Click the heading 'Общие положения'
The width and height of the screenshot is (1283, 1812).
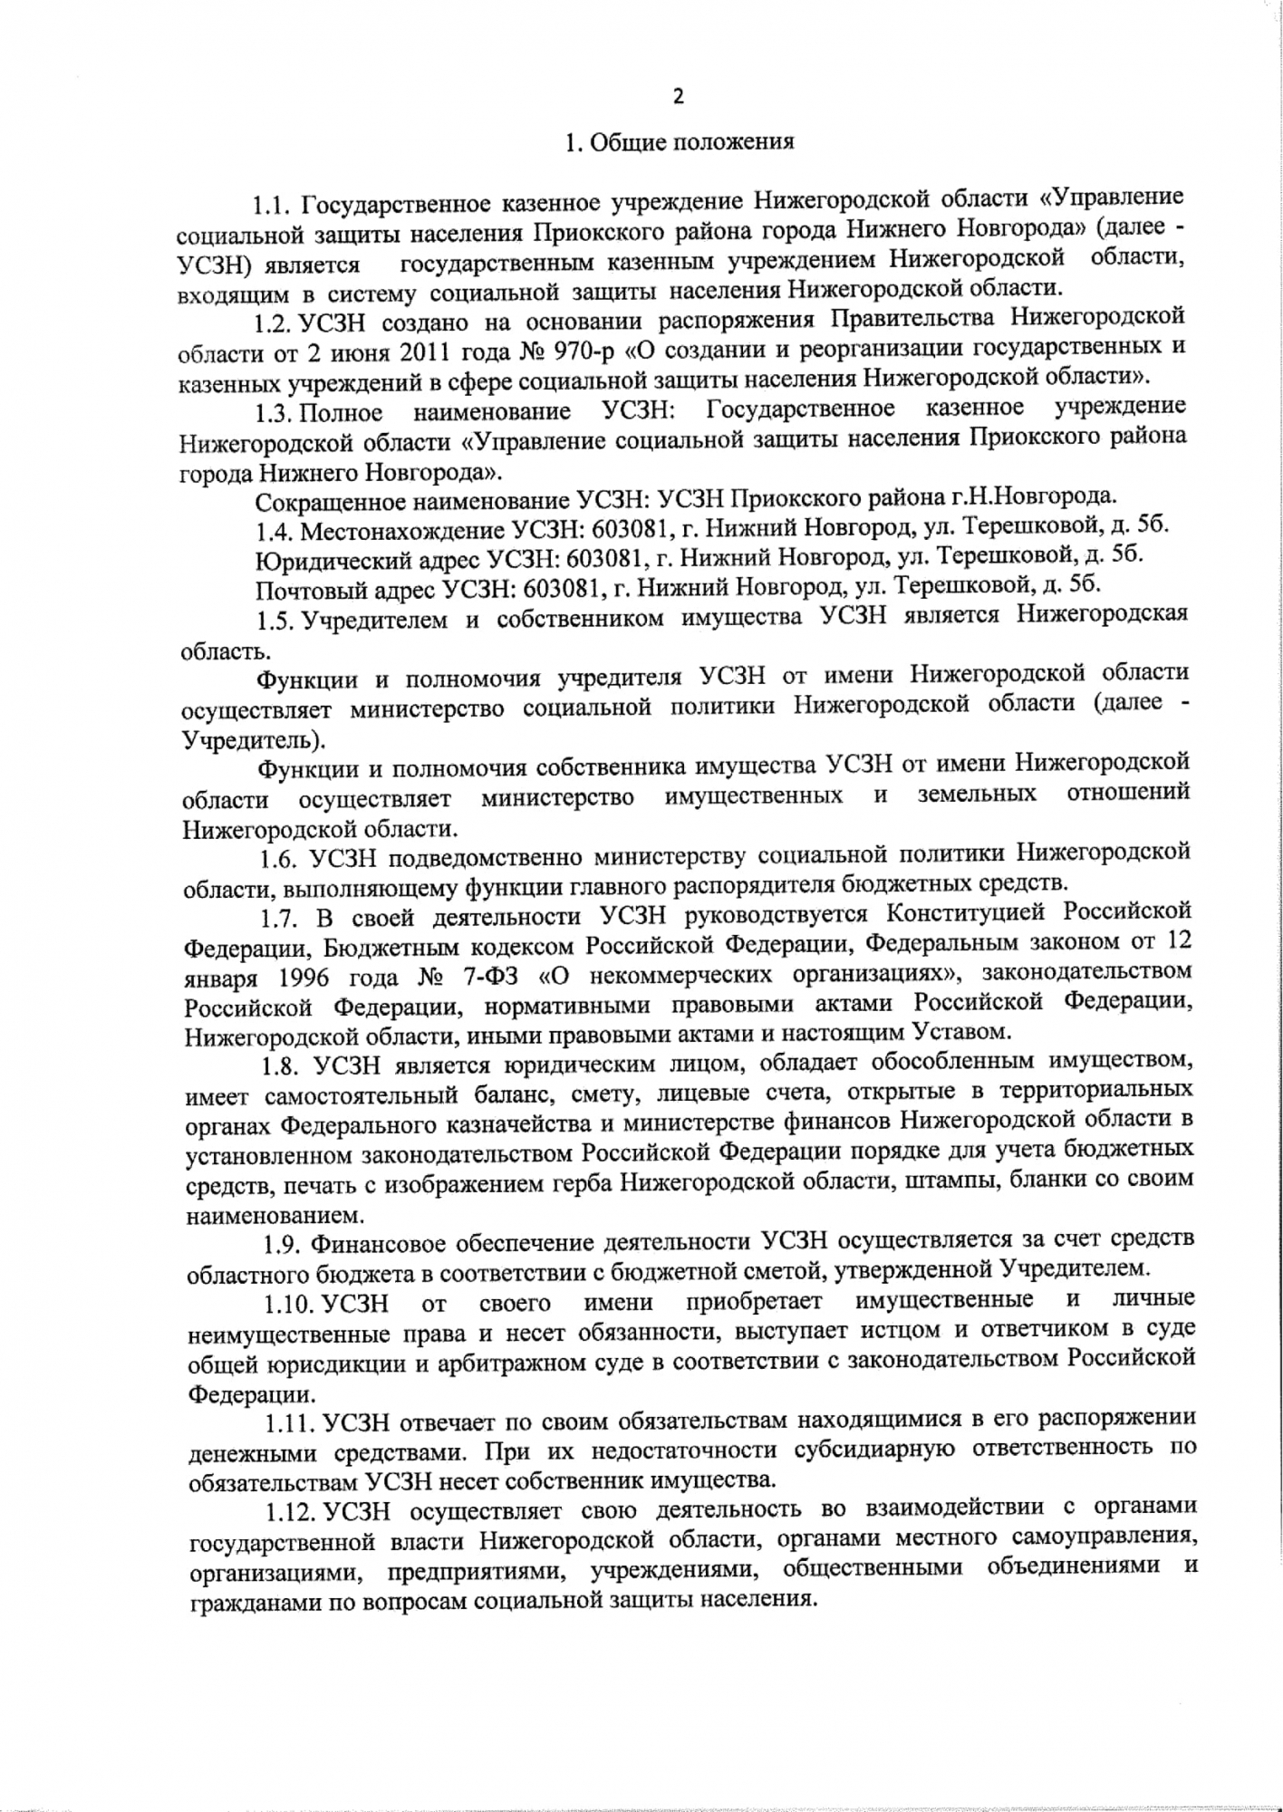click(x=692, y=142)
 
